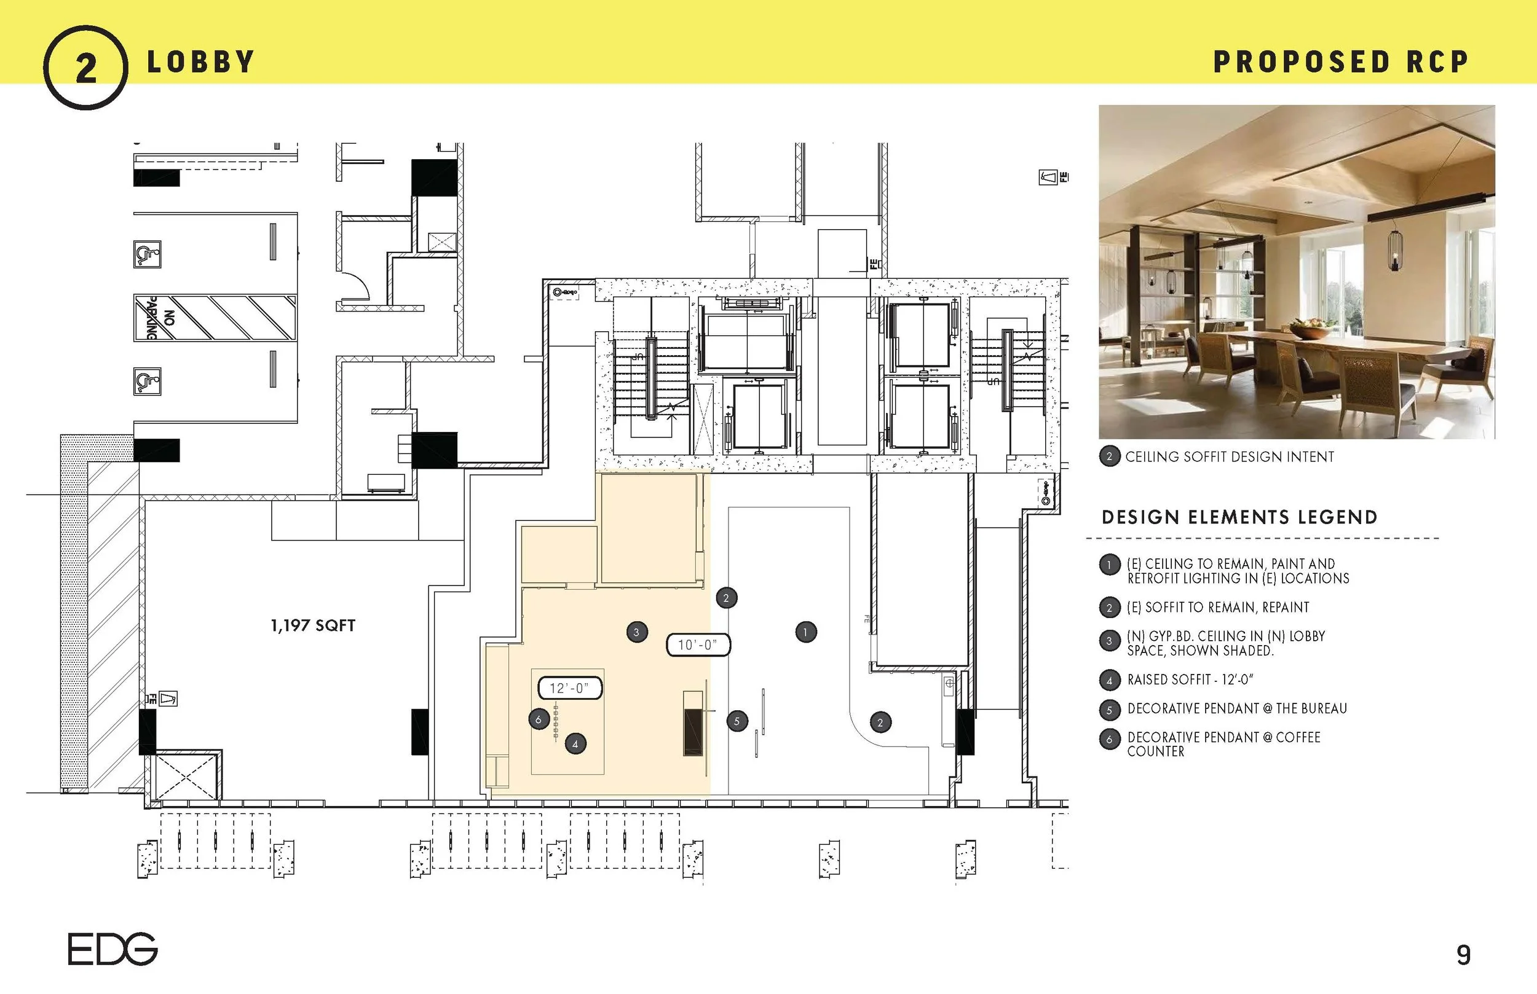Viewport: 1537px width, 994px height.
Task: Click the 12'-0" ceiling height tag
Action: (569, 688)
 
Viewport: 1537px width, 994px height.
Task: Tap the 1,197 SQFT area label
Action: (312, 625)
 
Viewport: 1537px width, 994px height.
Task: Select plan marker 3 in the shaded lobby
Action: (637, 632)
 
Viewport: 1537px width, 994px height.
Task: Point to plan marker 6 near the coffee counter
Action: (539, 719)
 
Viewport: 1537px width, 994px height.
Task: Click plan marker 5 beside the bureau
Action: (737, 722)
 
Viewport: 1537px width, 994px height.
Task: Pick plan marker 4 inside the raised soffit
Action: (575, 744)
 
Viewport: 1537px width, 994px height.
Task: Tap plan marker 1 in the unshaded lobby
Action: (805, 632)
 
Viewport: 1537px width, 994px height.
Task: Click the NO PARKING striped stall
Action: (215, 318)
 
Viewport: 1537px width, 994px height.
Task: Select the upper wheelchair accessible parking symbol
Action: (146, 254)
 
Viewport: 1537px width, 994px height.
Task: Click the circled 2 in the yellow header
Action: (85, 67)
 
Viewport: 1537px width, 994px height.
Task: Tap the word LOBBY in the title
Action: (200, 63)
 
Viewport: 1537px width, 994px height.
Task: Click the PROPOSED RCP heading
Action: (1341, 63)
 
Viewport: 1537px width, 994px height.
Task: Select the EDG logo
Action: (113, 949)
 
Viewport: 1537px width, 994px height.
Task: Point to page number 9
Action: (1463, 955)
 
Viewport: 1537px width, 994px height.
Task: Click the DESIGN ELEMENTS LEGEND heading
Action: (1239, 518)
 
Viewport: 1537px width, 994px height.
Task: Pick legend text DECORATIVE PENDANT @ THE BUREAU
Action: (1237, 709)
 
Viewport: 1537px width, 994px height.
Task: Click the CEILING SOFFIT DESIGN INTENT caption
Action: (1229, 457)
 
